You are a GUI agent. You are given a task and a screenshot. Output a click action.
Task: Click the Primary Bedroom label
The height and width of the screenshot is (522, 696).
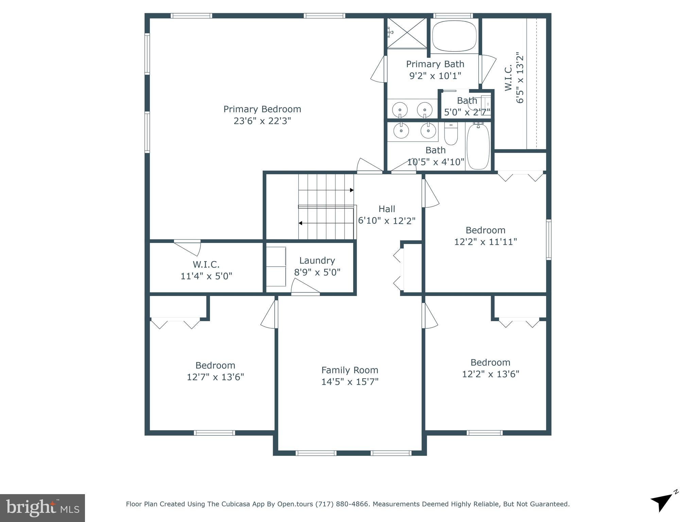coord(262,109)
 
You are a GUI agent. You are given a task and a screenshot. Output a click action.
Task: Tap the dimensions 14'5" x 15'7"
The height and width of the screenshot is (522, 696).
coord(350,382)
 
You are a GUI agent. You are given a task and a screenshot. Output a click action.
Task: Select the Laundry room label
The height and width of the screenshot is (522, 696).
coord(317,260)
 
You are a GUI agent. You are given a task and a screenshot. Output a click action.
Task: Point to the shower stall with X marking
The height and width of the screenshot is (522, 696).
coord(407,33)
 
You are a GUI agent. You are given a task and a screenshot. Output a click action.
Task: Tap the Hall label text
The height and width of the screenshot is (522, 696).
coord(387,209)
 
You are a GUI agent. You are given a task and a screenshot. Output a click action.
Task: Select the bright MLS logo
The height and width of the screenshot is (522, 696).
coord(42,508)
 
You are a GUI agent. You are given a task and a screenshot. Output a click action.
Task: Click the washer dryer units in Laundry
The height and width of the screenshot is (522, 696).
coord(276,267)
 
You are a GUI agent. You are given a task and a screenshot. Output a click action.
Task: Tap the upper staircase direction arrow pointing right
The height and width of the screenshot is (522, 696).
coord(351,190)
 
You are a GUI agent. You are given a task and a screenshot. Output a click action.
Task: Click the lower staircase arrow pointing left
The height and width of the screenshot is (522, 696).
coord(300,223)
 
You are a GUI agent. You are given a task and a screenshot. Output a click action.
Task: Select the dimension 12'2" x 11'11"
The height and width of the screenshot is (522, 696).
coord(485,242)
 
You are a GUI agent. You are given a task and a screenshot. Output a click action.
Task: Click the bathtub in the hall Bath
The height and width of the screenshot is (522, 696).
coord(478,146)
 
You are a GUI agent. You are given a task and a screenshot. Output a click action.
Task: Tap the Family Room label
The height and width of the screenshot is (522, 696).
coord(350,370)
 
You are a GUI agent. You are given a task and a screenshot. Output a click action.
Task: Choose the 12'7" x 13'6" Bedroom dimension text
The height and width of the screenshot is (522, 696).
coord(215,377)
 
